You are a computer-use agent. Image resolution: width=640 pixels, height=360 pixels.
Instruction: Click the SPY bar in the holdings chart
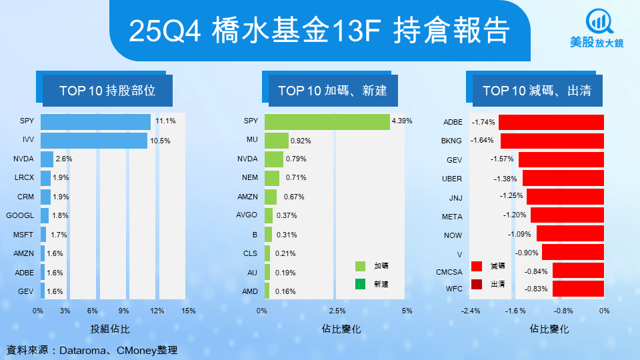95,122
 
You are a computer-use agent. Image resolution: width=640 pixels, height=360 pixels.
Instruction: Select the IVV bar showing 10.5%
93,141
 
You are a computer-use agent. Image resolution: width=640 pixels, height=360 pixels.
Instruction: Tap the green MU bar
276,141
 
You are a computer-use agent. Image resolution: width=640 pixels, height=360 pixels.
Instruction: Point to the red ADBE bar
551,122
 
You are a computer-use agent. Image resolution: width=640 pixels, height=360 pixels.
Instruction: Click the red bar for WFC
578,289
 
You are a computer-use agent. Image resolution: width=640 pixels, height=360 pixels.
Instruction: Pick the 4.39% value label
402,121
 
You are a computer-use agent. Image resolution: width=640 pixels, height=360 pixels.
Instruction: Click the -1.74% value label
484,122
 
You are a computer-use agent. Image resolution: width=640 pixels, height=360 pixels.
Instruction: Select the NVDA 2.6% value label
63,159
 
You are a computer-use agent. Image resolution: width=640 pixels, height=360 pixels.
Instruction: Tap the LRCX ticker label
24,178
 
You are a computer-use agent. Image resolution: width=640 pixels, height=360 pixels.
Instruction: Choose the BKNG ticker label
451,141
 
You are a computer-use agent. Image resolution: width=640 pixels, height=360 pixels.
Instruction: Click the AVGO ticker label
247,216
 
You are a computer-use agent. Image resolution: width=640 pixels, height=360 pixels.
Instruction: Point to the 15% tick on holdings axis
188,311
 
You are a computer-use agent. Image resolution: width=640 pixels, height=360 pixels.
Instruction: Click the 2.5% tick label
337,311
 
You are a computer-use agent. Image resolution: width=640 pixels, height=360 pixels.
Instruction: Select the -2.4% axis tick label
471,311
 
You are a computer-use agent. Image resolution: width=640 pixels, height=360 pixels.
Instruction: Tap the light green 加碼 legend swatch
361,265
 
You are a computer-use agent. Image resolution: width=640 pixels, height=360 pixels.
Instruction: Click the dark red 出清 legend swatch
477,285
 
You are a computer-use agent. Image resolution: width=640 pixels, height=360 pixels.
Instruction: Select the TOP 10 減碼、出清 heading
537,91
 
